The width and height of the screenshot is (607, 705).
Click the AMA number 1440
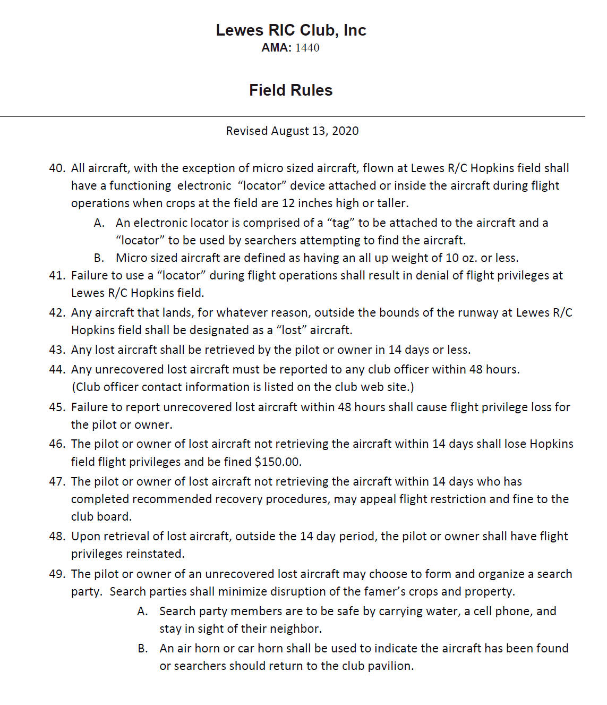pyautogui.click(x=307, y=48)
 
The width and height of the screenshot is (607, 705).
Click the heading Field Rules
pyautogui.click(x=290, y=90)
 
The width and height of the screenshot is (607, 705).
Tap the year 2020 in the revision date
pyautogui.click(x=345, y=131)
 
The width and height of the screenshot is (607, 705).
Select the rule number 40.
pyautogui.click(x=56, y=168)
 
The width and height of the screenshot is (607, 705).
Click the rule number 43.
pyautogui.click(x=56, y=350)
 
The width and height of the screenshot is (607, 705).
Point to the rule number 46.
pyautogui.click(x=56, y=444)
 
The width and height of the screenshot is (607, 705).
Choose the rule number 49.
pyautogui.click(x=56, y=574)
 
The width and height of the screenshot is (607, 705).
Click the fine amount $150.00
pyautogui.click(x=278, y=462)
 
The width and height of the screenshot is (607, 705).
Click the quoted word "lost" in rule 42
pyautogui.click(x=292, y=330)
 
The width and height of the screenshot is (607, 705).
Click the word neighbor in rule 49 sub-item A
pyautogui.click(x=297, y=629)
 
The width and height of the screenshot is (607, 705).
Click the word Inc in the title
pyautogui.click(x=355, y=30)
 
